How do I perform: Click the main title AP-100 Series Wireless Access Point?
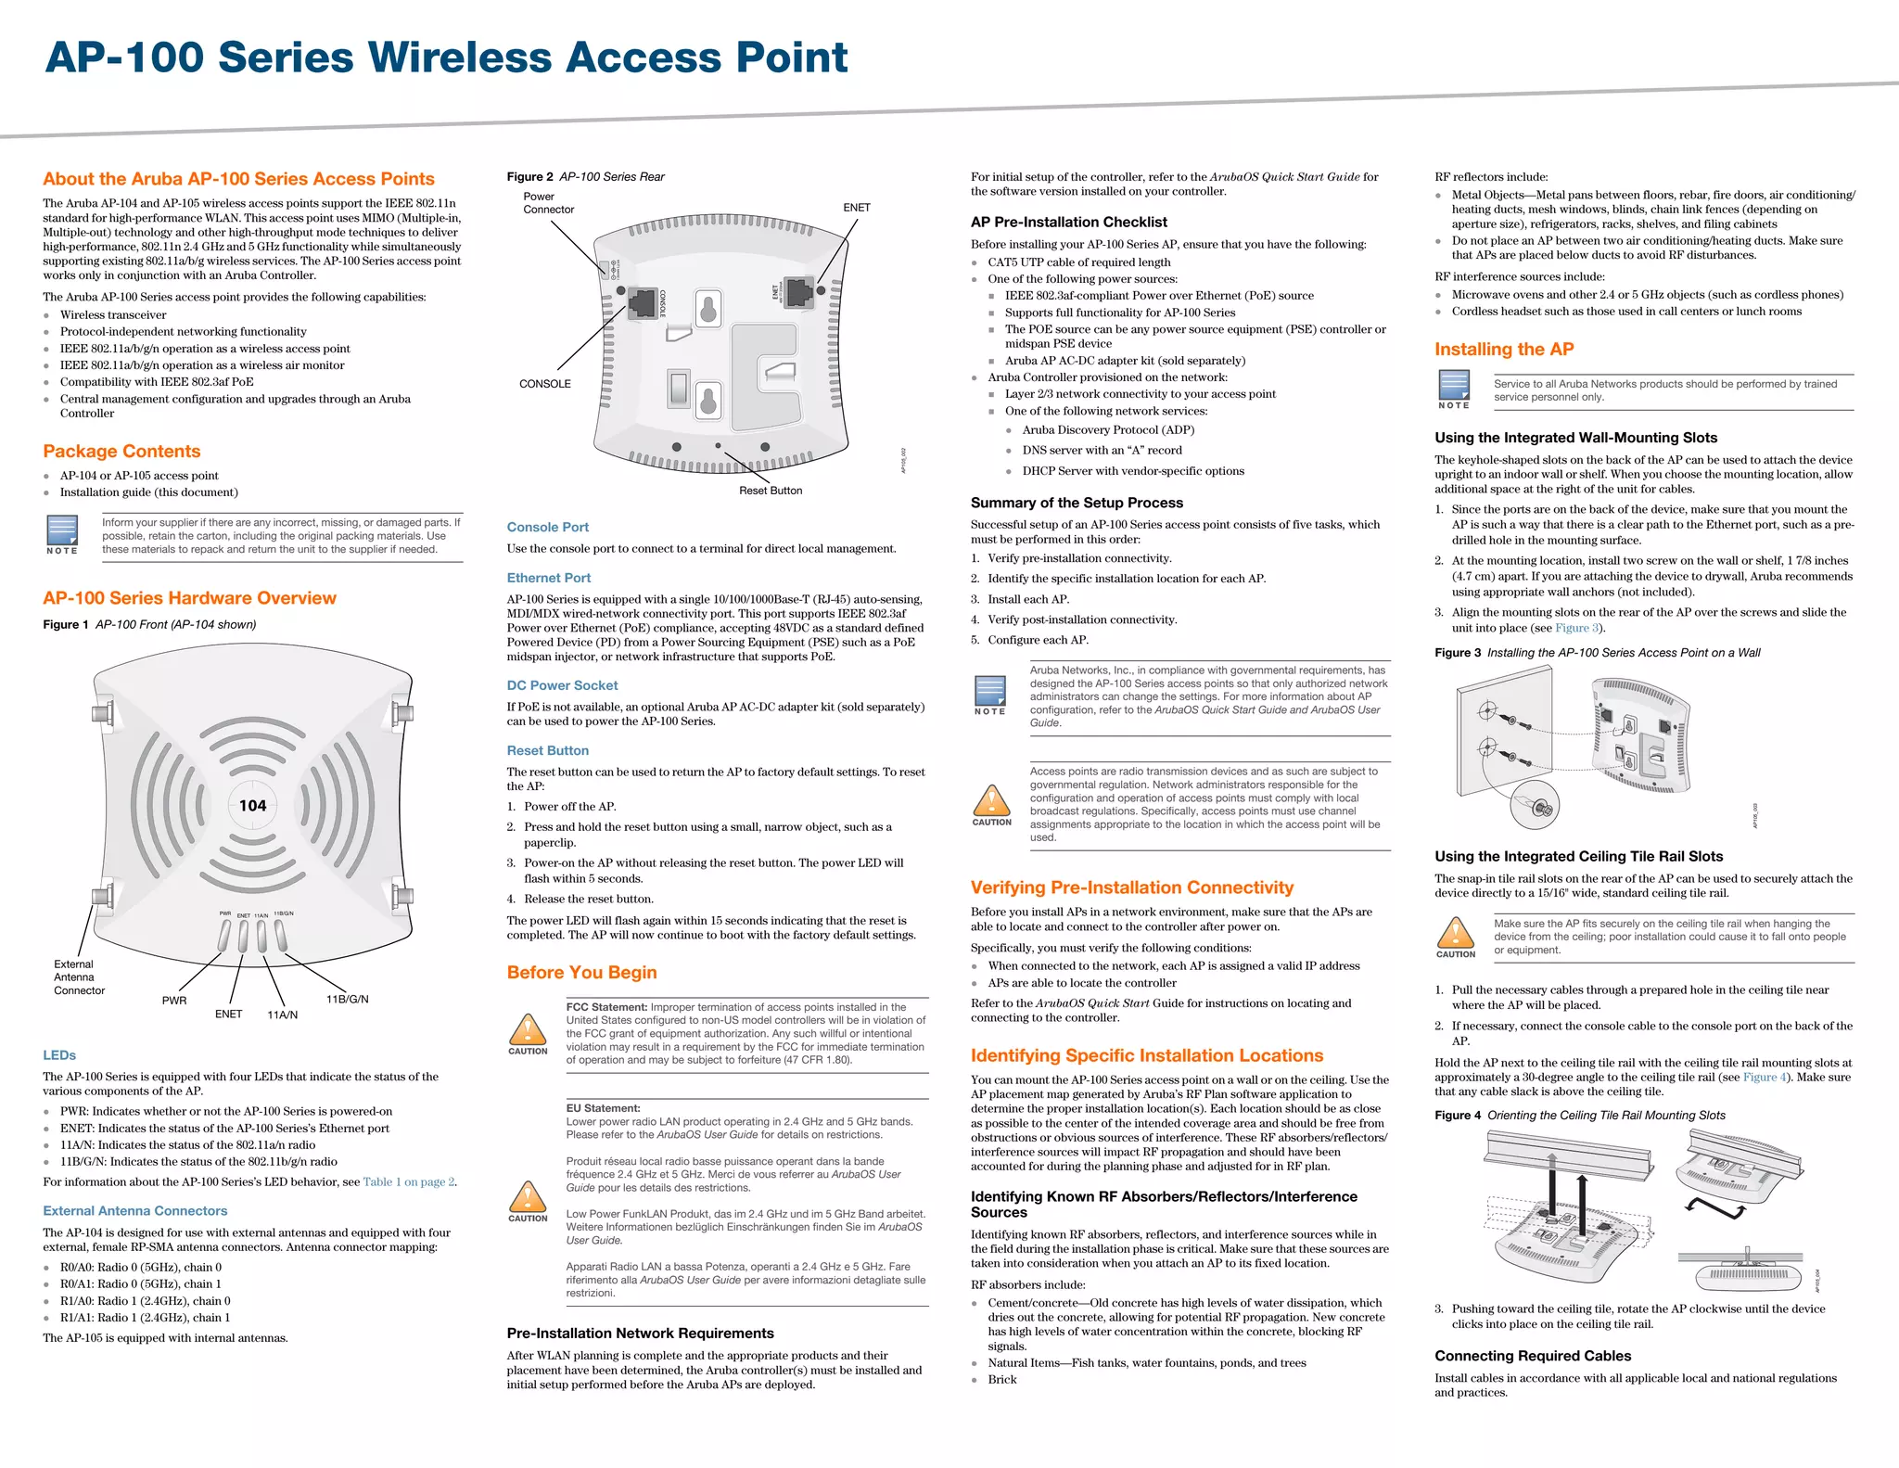click(446, 57)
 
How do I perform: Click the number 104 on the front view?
click(252, 806)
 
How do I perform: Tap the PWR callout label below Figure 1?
click(174, 1001)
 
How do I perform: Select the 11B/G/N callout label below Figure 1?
click(347, 999)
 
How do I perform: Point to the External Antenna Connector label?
click(79, 977)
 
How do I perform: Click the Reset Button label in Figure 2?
click(770, 491)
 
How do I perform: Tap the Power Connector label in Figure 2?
click(548, 203)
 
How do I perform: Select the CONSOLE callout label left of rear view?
click(544, 384)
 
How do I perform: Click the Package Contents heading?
click(121, 452)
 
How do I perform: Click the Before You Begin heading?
click(581, 973)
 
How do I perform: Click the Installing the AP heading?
click(1504, 350)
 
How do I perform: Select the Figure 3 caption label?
click(1458, 653)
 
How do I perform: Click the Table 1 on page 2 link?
click(408, 1182)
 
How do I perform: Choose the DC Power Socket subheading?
click(562, 685)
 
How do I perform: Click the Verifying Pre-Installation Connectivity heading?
click(1131, 887)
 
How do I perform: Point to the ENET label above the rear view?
click(856, 208)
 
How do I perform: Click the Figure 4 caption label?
click(1458, 1116)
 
